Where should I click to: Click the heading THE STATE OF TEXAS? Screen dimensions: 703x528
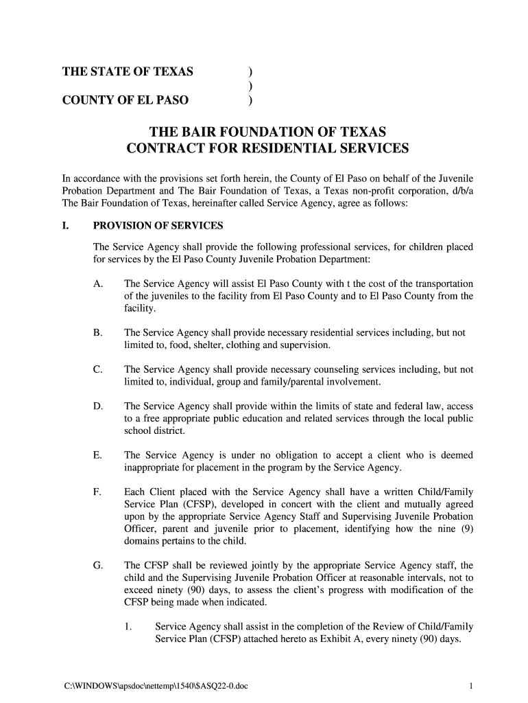tap(128, 71)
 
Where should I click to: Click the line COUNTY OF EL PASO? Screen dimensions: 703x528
tap(126, 100)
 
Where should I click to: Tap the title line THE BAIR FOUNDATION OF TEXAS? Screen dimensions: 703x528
tap(268, 131)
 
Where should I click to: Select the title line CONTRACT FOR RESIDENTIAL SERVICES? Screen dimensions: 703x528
tap(268, 148)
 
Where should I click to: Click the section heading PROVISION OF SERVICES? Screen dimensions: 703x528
tap(158, 226)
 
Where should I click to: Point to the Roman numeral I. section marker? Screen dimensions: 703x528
tap(65, 226)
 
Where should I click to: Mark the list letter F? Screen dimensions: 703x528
tap(97, 493)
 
